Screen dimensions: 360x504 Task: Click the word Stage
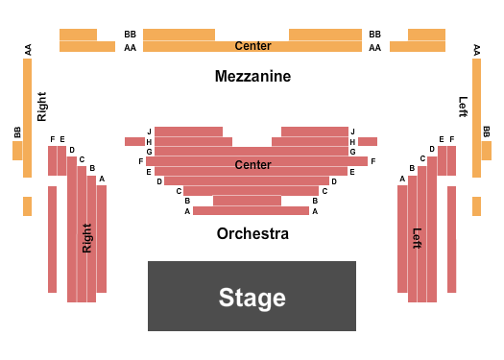(x=252, y=298)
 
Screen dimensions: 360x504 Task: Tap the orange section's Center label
(x=252, y=46)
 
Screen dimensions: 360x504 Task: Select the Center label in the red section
(x=252, y=165)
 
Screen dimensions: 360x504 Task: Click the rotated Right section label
(x=87, y=238)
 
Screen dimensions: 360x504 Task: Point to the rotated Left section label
(x=417, y=238)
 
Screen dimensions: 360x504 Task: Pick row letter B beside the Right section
(x=92, y=169)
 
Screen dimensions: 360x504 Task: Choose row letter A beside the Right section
(x=102, y=179)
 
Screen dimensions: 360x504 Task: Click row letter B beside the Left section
(x=412, y=169)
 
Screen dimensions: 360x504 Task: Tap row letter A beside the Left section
(x=402, y=179)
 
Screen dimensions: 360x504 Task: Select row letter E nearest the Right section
(x=149, y=172)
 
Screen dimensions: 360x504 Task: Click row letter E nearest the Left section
(x=352, y=172)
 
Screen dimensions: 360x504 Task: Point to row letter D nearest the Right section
(x=159, y=181)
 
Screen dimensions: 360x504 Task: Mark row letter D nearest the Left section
(x=334, y=181)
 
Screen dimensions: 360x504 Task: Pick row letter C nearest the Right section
(x=179, y=191)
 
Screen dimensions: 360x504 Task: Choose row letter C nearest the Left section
(x=324, y=191)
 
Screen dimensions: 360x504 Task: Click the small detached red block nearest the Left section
(x=368, y=141)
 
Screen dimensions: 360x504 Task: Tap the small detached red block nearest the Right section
(x=134, y=141)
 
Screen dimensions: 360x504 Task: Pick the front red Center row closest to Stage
(x=251, y=210)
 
